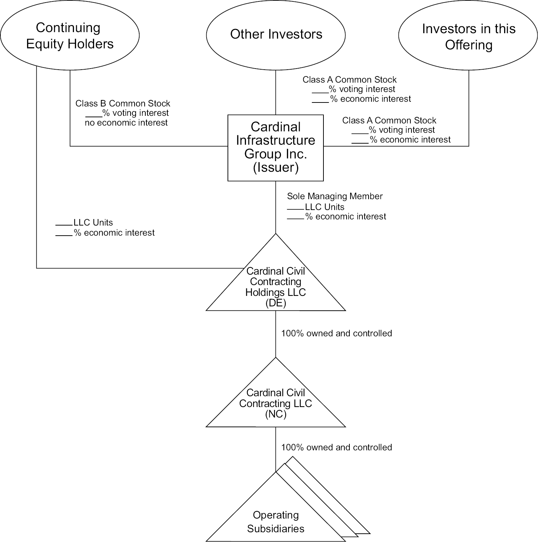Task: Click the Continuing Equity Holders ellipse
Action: [70, 35]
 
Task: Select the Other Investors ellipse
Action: [276, 35]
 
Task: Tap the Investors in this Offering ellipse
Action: [468, 36]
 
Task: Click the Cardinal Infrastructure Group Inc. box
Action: [275, 148]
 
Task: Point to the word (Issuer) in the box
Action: [275, 168]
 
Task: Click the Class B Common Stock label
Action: [123, 104]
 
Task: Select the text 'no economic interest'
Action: [126, 123]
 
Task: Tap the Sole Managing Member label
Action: [335, 196]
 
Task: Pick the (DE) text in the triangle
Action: [275, 303]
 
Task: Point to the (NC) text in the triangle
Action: [275, 414]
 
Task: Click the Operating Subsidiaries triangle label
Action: [275, 522]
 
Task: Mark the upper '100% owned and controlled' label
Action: [336, 333]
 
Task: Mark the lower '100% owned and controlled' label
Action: [336, 447]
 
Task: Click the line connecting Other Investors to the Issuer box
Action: [276, 92]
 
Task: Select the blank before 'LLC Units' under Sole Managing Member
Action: [296, 208]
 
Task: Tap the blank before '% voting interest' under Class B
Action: [94, 115]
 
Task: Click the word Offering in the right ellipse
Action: [468, 45]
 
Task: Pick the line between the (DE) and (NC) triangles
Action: [276, 334]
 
